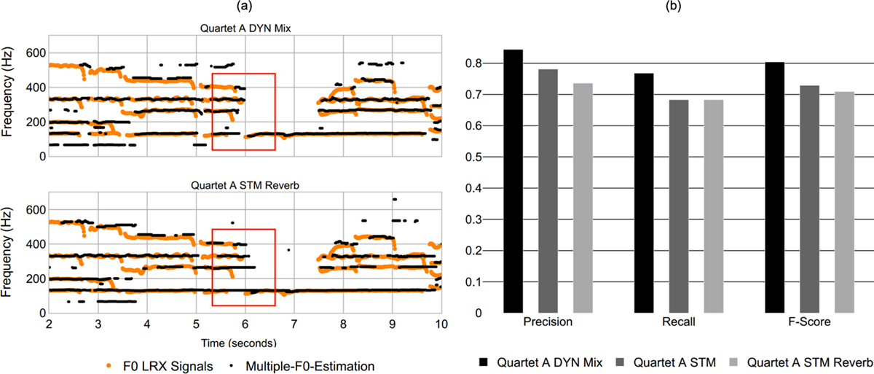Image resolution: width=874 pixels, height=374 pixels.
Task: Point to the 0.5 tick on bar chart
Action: [474, 157]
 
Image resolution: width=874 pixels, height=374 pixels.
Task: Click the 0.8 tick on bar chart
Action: [474, 63]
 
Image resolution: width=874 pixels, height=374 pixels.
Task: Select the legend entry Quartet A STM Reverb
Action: [802, 362]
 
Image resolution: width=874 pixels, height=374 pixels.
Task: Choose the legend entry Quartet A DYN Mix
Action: [543, 362]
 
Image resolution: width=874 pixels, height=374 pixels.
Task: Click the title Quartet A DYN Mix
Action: [243, 28]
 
